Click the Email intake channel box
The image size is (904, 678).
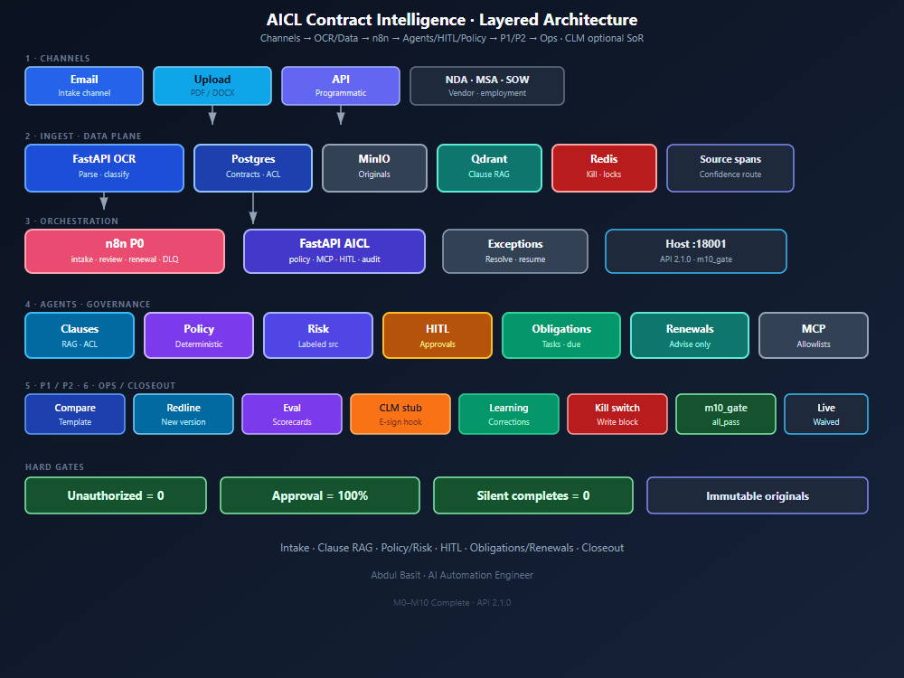click(x=84, y=86)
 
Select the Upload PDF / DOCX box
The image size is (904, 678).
click(x=212, y=86)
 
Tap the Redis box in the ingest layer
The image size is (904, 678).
click(x=604, y=168)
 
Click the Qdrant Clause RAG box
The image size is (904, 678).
click(x=489, y=168)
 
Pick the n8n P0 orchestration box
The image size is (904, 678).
click(x=125, y=251)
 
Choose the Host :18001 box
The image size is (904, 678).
click(x=696, y=251)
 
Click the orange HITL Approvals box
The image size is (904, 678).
click(x=438, y=335)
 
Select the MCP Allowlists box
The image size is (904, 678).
click(x=814, y=335)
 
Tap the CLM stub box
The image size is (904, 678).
click(x=400, y=414)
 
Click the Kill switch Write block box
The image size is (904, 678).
click(x=617, y=414)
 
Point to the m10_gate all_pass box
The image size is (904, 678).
click(x=726, y=414)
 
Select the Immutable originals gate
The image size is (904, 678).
click(x=758, y=495)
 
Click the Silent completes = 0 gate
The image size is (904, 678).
click(x=533, y=495)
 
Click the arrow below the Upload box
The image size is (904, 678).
click(x=212, y=115)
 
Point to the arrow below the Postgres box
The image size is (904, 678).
click(x=253, y=208)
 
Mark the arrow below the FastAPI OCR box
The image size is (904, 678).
click(x=104, y=201)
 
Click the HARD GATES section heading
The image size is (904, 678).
click(x=55, y=467)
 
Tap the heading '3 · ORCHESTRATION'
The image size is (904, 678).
click(x=71, y=221)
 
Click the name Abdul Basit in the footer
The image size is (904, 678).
click(x=396, y=575)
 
